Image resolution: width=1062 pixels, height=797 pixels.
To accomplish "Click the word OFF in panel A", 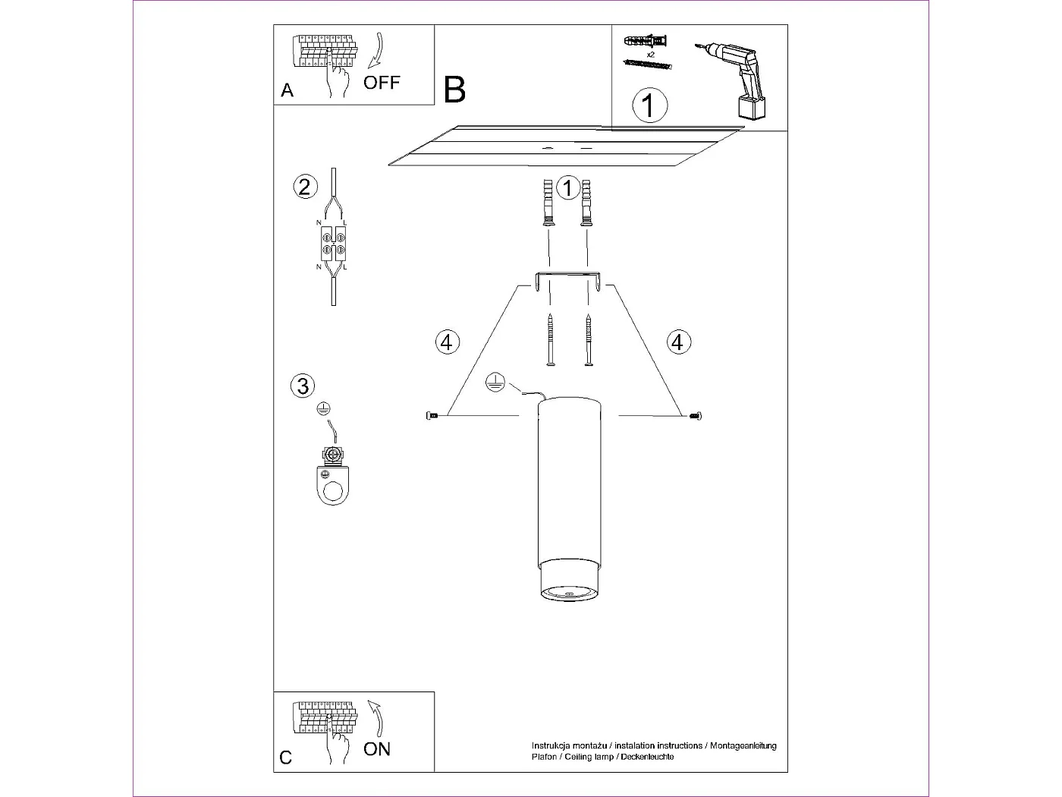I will [x=382, y=82].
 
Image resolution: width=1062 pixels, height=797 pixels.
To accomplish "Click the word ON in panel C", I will [x=377, y=749].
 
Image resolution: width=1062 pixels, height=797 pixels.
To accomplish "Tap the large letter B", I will [x=454, y=90].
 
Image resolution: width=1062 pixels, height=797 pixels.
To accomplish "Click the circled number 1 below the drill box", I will [x=649, y=105].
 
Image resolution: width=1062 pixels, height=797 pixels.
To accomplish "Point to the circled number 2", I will [x=304, y=187].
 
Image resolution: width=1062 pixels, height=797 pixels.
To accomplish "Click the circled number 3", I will [x=303, y=386].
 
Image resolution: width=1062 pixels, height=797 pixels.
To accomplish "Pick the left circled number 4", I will [x=447, y=342].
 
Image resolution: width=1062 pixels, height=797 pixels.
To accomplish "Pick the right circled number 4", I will [x=677, y=342].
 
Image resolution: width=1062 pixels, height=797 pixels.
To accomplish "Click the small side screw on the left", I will [x=433, y=415].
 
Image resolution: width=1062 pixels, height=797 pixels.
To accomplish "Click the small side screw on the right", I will [x=696, y=415].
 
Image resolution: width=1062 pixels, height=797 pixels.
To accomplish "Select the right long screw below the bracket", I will [x=587, y=342].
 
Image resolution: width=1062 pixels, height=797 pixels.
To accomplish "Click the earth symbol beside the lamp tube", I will [x=494, y=383].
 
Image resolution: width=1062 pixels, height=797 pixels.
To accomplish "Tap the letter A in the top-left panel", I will [x=287, y=90].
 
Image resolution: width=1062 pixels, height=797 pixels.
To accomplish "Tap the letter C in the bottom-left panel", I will [x=285, y=758].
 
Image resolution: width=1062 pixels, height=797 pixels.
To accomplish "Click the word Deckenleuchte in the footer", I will [x=647, y=757].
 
